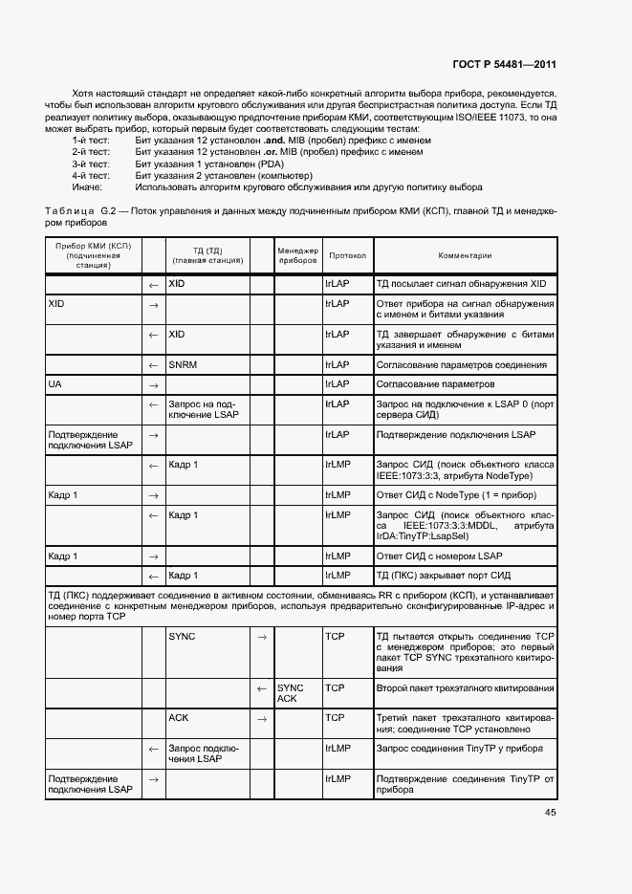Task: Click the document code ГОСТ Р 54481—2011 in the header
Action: click(504, 65)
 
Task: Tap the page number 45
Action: click(550, 813)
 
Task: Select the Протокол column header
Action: click(347, 256)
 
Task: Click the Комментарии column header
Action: click(465, 256)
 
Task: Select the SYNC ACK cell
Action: click(290, 693)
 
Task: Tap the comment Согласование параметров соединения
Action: click(461, 364)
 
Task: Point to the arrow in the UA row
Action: click(152, 384)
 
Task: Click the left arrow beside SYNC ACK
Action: click(260, 688)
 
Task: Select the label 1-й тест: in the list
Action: click(91, 141)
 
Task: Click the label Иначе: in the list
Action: click(87, 187)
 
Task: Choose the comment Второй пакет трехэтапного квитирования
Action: click(464, 687)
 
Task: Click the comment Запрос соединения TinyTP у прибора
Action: click(459, 749)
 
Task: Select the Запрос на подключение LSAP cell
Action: click(203, 409)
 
